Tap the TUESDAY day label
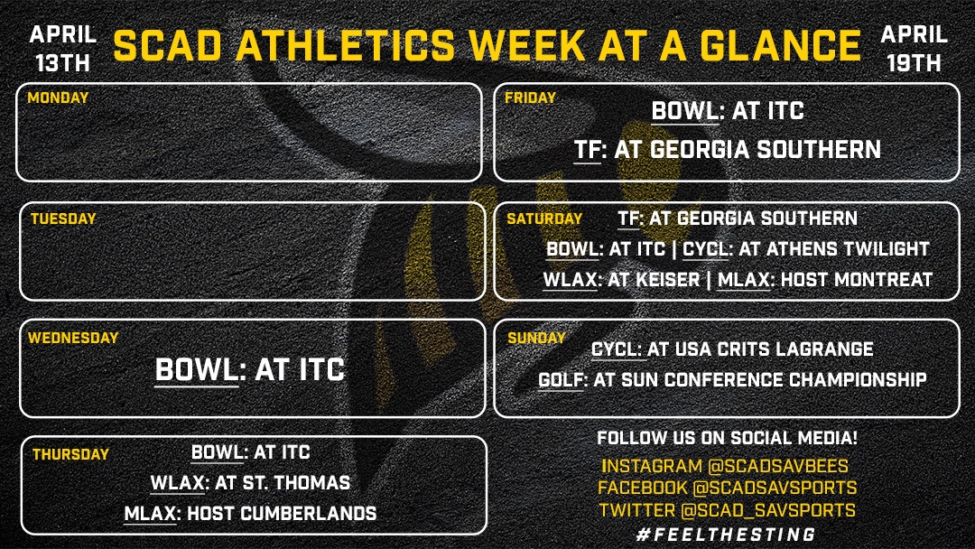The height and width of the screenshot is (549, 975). click(x=62, y=219)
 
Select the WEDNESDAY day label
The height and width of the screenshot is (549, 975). click(x=73, y=338)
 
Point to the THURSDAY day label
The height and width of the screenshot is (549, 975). click(x=70, y=455)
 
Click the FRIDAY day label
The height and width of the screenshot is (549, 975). click(x=531, y=98)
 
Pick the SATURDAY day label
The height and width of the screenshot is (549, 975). click(x=543, y=219)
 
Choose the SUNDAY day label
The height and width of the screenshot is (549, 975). click(x=536, y=338)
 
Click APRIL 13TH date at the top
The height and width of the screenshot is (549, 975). click(x=63, y=48)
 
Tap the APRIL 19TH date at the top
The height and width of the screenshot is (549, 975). click(x=914, y=48)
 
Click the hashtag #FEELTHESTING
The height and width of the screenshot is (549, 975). click(x=726, y=534)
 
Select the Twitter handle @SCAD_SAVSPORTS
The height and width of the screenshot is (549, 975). click(x=770, y=510)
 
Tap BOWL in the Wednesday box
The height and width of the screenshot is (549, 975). click(x=196, y=369)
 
